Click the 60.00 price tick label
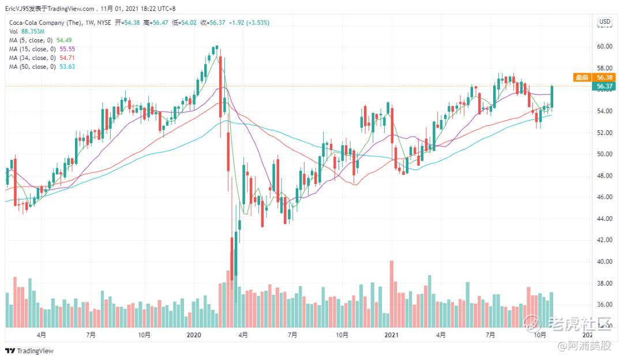pyautogui.click(x=605, y=46)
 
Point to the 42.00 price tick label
pyautogui.click(x=605, y=240)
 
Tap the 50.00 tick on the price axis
pyautogui.click(x=605, y=154)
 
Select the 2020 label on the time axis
pyautogui.click(x=194, y=335)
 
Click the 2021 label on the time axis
pyautogui.click(x=392, y=335)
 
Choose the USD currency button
pyautogui.click(x=605, y=22)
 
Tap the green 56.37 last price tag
pyautogui.click(x=604, y=87)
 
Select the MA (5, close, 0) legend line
pyautogui.click(x=41, y=40)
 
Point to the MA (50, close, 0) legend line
pyautogui.click(x=42, y=66)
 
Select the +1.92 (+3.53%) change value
pyautogui.click(x=247, y=22)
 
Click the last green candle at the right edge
pyautogui.click(x=552, y=96)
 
